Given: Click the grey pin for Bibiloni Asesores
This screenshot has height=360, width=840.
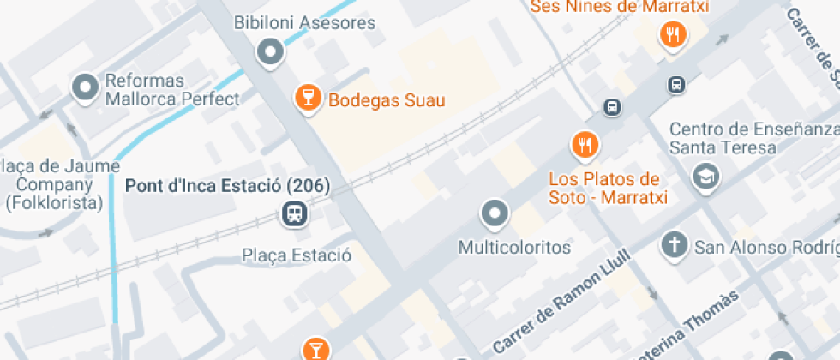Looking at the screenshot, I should pos(271,52).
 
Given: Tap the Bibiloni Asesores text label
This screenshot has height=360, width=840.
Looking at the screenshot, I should pos(305,22).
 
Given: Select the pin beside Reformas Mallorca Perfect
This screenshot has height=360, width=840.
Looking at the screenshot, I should pos(85,87).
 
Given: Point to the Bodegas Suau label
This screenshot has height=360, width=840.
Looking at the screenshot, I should pos(387,100).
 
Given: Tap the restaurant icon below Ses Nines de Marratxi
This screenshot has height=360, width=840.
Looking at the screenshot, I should pos(672,35).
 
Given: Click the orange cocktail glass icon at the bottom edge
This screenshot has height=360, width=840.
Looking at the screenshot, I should pos(315,349).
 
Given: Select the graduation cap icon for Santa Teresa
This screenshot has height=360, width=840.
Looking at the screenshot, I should pos(706,177).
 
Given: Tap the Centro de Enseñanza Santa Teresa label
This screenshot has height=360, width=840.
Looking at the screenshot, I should pos(753,138).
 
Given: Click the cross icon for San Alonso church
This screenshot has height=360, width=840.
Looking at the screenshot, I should pos(675,246).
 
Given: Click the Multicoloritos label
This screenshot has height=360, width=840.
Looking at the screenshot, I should pos(514,248).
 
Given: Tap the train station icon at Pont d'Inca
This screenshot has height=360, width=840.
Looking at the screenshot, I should pos(294,213).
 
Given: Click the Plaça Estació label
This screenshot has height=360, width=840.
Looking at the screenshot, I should pos(297,255).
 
